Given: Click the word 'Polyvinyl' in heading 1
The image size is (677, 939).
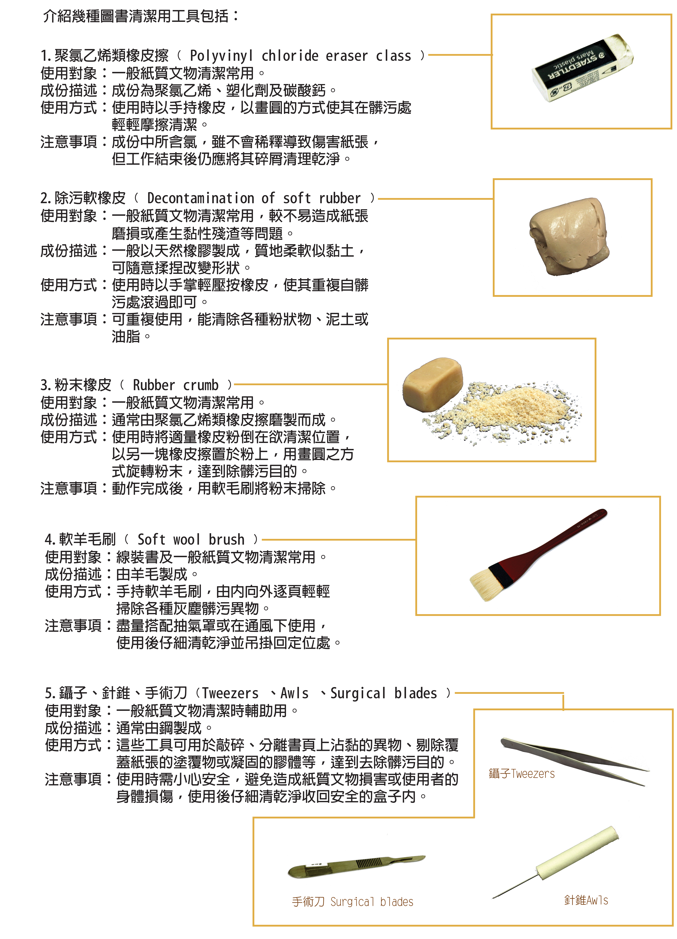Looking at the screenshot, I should tap(221, 56).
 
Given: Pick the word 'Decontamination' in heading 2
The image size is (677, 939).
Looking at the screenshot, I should tap(201, 198).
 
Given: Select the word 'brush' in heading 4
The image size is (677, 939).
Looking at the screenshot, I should tap(226, 539).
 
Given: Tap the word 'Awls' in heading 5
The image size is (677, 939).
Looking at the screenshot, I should tap(294, 693).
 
